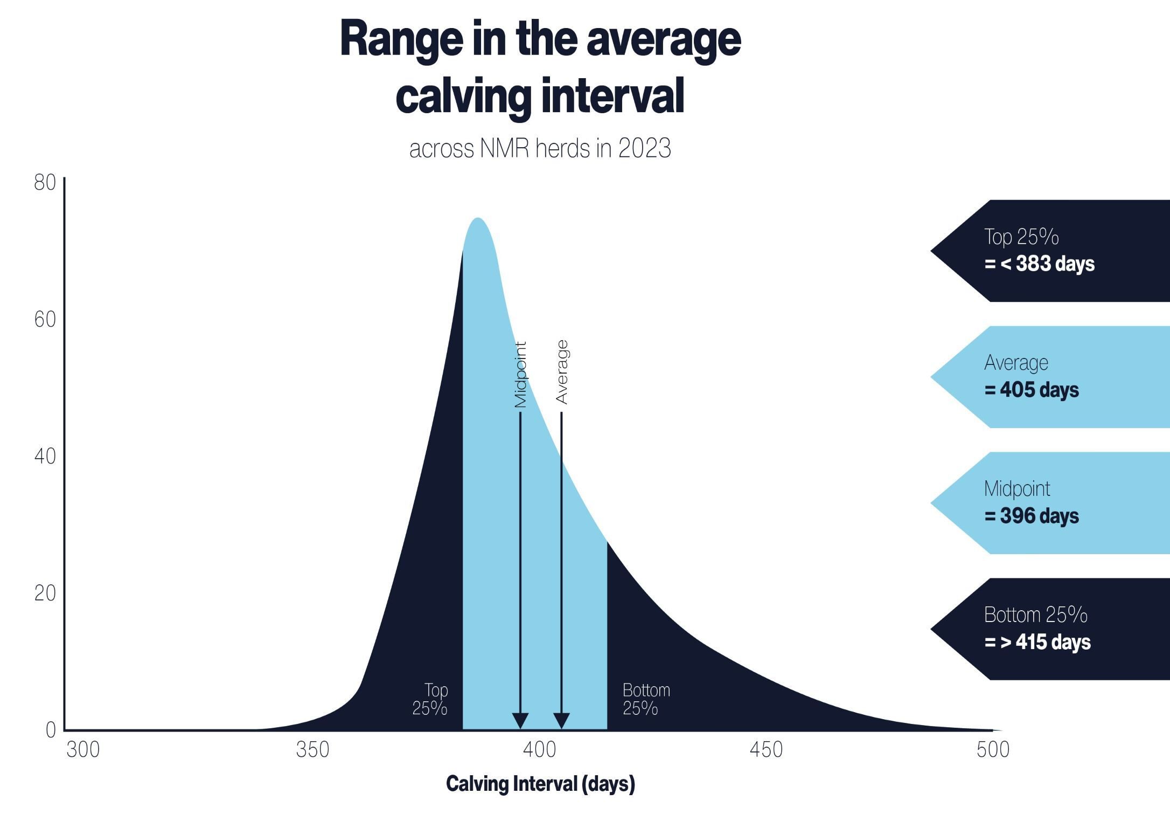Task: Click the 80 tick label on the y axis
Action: [x=45, y=183]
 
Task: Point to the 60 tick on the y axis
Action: [x=45, y=320]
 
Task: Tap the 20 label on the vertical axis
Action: [x=45, y=594]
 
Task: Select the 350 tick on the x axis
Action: [x=312, y=750]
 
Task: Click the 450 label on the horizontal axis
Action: [x=766, y=750]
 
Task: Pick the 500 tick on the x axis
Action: [x=993, y=750]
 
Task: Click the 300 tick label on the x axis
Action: [x=83, y=750]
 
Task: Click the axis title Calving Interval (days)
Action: [x=540, y=784]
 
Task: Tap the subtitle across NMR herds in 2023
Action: [x=540, y=148]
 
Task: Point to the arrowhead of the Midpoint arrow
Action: [x=520, y=721]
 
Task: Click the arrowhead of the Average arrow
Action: [x=561, y=721]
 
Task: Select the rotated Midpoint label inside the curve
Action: [x=520, y=375]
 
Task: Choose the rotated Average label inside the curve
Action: [x=561, y=372]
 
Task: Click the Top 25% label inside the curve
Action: [x=430, y=699]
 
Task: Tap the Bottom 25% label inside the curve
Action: [x=645, y=699]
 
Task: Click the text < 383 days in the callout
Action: [x=1047, y=264]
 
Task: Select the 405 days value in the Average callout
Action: [x=1039, y=390]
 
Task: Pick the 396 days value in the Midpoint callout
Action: [x=1039, y=516]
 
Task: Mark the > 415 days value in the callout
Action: [x=1045, y=642]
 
